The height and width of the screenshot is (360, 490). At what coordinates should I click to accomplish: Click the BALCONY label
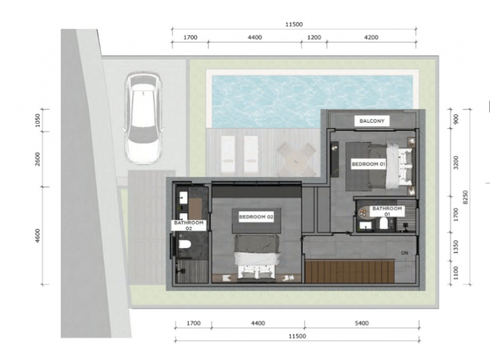372,121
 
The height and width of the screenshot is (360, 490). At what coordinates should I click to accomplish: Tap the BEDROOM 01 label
369,164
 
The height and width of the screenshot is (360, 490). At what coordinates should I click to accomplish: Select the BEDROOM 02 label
256,217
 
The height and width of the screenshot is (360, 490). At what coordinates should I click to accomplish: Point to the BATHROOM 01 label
387,211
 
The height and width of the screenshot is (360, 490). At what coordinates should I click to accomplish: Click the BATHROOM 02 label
189,226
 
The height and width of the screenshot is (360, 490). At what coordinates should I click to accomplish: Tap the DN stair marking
405,253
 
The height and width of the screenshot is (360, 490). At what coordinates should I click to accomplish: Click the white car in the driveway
143,118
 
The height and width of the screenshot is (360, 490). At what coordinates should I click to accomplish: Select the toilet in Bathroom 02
184,244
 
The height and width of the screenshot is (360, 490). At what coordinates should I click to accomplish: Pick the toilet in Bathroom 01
383,224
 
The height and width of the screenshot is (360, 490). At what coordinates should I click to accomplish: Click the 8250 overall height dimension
466,197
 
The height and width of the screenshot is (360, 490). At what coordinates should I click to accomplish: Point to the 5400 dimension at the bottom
361,323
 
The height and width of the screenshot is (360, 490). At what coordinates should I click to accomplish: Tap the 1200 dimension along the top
314,38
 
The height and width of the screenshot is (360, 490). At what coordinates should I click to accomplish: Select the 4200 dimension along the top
371,38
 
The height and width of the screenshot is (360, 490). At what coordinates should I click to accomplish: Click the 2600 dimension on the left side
38,159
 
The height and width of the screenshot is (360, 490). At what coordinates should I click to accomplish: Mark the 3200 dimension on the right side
456,163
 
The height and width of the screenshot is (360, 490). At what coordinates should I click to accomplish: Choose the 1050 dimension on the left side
38,120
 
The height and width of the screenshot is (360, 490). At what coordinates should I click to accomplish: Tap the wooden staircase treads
350,271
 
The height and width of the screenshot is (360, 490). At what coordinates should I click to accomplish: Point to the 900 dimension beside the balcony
456,119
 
